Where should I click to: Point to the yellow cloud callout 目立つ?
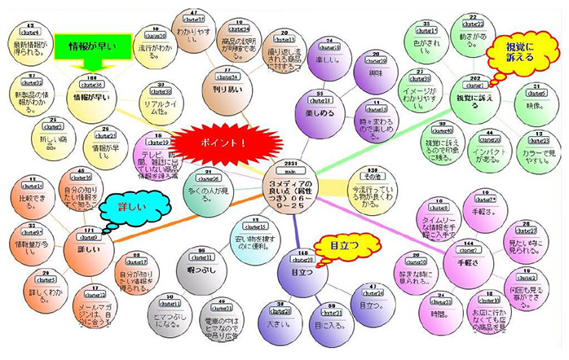pos(340,245)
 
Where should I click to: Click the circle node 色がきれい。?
pos(427,41)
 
